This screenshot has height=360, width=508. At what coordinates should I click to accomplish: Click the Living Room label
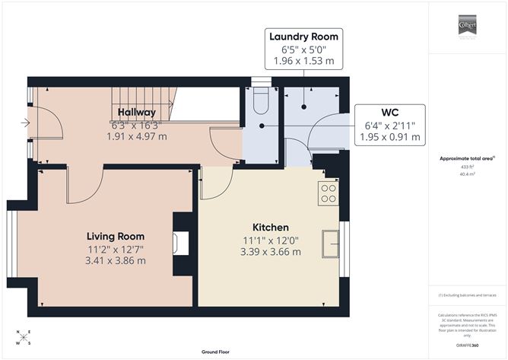click(116, 236)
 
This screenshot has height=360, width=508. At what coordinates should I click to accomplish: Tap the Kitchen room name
click(270, 227)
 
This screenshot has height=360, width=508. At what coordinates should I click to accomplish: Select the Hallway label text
click(136, 113)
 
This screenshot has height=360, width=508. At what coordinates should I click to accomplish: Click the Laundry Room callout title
click(303, 37)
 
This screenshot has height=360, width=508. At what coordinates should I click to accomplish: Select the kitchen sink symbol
click(332, 244)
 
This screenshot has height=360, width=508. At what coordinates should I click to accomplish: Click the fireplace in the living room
click(179, 243)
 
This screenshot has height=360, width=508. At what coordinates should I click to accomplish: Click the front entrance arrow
click(27, 122)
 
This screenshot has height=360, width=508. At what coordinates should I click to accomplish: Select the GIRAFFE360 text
click(468, 344)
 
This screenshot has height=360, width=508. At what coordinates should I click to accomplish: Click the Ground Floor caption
click(216, 352)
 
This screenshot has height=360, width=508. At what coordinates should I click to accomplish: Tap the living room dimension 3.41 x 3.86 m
click(116, 260)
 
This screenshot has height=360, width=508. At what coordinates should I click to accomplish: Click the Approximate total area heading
click(468, 158)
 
